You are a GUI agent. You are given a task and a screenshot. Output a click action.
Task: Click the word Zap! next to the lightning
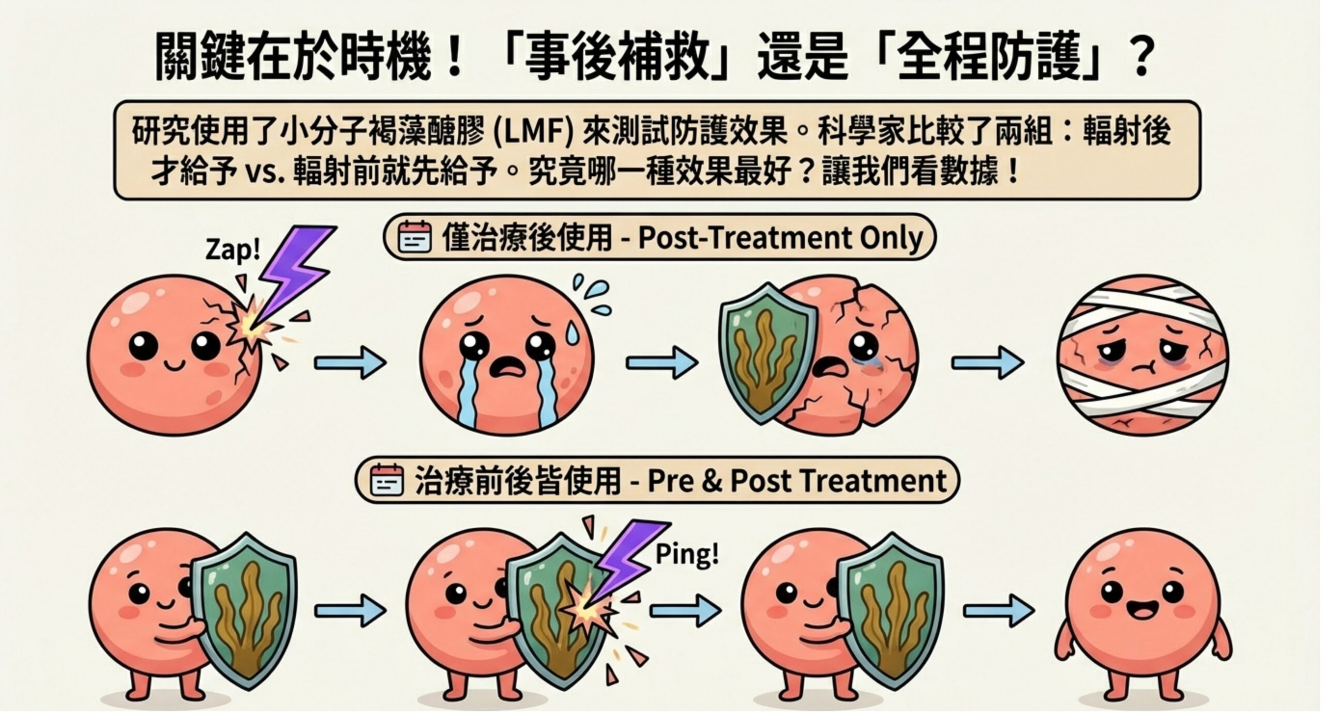(233, 250)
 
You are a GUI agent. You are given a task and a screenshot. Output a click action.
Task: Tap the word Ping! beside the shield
(687, 555)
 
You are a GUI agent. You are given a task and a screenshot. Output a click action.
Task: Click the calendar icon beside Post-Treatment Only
(414, 237)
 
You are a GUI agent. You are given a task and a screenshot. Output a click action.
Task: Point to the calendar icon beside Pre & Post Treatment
(387, 481)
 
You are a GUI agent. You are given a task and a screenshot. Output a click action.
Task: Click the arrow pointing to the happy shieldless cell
(998, 611)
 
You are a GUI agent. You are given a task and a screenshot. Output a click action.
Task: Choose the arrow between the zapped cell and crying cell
(350, 363)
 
